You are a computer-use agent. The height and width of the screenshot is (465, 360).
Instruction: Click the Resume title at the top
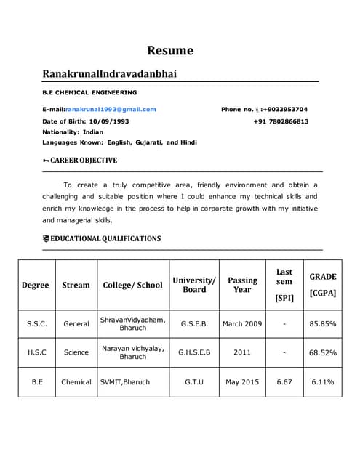click(x=170, y=50)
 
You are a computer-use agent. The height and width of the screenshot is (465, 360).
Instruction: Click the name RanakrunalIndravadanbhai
click(x=109, y=74)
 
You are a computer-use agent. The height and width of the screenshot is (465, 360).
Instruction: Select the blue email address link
click(x=111, y=109)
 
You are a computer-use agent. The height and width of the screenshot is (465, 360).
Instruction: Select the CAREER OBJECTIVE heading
click(x=83, y=160)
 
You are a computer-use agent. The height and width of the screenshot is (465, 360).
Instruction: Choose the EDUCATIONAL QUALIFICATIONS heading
click(x=105, y=238)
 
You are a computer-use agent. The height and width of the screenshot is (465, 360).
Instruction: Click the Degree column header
click(x=36, y=285)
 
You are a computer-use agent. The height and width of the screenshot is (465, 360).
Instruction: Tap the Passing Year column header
click(x=242, y=285)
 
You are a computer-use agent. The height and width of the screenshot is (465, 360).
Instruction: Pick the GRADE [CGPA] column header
click(x=323, y=285)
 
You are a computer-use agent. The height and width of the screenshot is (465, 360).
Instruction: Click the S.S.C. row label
click(x=37, y=323)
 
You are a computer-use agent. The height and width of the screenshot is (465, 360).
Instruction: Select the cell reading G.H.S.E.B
click(x=194, y=352)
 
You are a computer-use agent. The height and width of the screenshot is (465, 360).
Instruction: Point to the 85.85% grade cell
click(x=323, y=323)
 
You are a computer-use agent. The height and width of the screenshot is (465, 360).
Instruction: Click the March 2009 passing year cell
click(x=242, y=323)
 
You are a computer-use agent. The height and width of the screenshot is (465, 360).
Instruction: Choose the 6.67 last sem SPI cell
click(x=284, y=381)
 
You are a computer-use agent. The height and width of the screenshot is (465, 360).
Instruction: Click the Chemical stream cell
click(x=76, y=381)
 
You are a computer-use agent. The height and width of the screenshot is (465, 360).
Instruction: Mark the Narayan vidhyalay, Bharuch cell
click(x=132, y=352)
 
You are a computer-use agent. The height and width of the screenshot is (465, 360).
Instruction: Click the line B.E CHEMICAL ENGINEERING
click(x=89, y=92)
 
